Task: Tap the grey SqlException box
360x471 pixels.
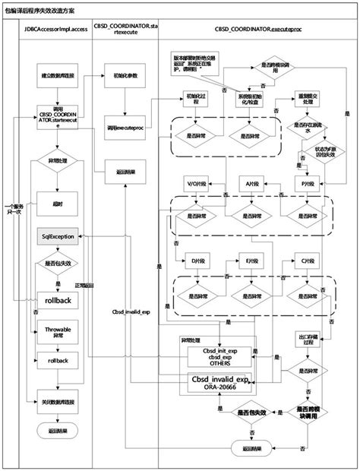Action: coord(58,237)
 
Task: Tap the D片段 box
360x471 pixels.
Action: coord(192,259)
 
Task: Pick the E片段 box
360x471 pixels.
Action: coord(251,259)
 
